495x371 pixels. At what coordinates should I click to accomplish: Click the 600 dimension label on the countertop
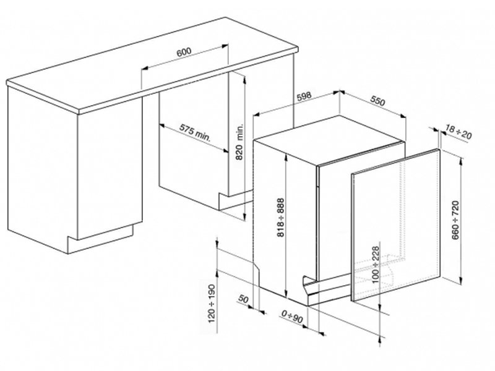pos(183,53)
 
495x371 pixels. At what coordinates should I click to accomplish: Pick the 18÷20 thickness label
pos(458,131)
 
